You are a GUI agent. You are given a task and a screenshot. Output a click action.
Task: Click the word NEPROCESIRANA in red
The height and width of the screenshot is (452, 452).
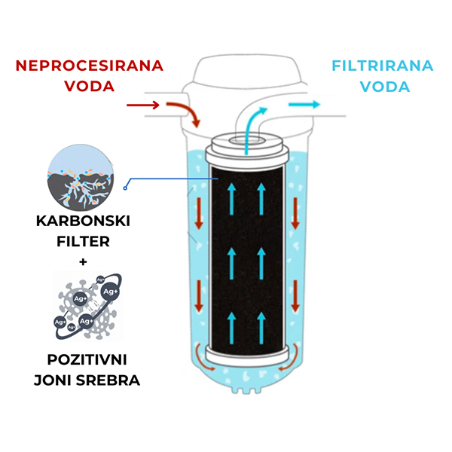point(90,65)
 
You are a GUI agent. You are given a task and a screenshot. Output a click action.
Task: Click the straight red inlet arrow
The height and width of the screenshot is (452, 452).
point(142,105)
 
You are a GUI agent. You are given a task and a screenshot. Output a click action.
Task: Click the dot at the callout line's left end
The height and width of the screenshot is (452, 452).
point(128,182)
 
